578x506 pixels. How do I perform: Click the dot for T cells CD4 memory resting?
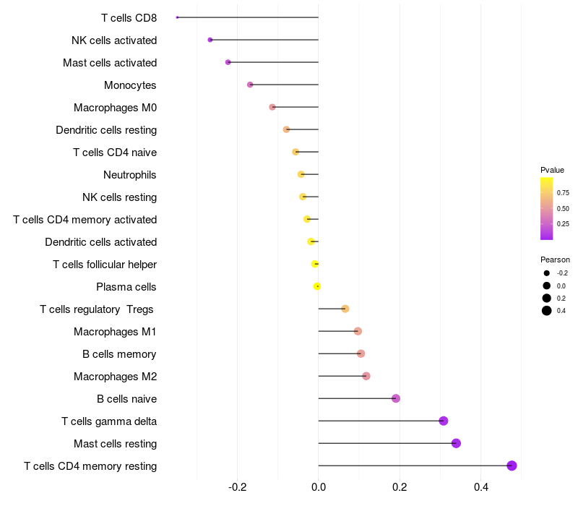[512, 466]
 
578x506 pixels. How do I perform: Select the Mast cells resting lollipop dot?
[456, 443]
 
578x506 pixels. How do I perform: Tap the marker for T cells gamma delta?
[444, 421]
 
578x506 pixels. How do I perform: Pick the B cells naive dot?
[396, 398]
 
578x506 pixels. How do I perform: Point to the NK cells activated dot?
[210, 40]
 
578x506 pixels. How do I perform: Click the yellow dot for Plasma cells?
[317, 286]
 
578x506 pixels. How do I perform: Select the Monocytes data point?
[250, 85]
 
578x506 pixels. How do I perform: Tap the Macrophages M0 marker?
[272, 107]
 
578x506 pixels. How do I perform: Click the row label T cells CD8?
[129, 17]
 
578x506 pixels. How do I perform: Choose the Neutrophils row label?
[130, 174]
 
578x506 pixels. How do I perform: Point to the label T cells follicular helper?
[105, 264]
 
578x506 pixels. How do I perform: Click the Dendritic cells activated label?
[101, 241]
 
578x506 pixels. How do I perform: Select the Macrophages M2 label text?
[115, 376]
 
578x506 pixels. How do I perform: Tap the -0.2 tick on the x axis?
[238, 486]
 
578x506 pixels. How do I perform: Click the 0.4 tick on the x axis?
[480, 486]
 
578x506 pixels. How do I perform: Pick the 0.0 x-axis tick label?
[319, 486]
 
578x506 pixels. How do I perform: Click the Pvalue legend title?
[552, 170]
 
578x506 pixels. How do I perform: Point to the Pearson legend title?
[555, 260]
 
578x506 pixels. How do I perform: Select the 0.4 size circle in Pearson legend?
[547, 311]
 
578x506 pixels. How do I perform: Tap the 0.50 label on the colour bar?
[563, 209]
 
